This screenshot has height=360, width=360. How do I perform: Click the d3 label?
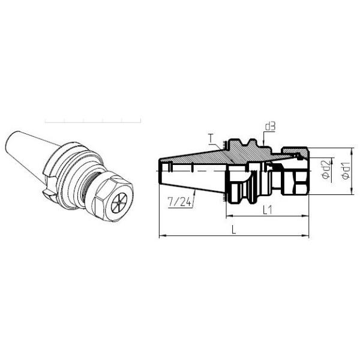270,127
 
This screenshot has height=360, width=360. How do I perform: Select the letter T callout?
211,139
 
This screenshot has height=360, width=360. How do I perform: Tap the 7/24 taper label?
179,202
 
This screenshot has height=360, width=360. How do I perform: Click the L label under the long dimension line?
233,230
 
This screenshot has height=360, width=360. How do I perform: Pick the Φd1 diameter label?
346,170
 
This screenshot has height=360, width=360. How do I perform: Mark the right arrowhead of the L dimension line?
305,236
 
